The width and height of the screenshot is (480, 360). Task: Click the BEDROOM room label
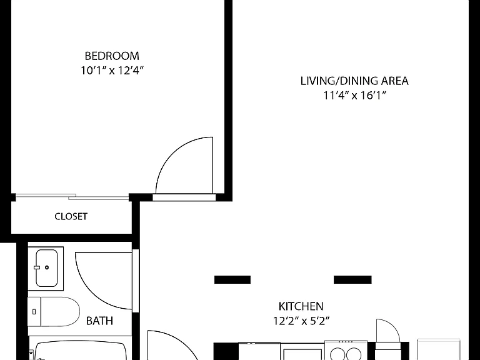tap(112, 56)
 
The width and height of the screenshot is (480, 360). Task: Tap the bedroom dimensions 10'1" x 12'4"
tap(112, 71)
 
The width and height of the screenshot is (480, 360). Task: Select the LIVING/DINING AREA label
tap(354, 81)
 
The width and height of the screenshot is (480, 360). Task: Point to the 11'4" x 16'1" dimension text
tap(354, 96)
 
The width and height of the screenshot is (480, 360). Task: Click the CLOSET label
tap(71, 216)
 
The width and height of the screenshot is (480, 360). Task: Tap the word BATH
tap(99, 321)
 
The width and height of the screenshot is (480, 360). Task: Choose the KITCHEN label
tap(301, 306)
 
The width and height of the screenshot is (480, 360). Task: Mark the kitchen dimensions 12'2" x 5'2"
tap(301, 321)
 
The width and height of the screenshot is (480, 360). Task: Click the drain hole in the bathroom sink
tap(47, 267)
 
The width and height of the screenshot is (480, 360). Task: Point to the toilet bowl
tap(60, 312)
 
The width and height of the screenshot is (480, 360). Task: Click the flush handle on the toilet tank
tap(34, 312)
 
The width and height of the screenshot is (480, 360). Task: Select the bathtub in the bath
tap(80, 351)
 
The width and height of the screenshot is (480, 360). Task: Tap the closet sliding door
tap(72, 197)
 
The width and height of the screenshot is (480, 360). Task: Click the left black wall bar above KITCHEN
tap(232, 279)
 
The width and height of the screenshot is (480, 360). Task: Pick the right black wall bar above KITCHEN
tap(352, 279)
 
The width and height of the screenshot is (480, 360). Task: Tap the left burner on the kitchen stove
tap(337, 354)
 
